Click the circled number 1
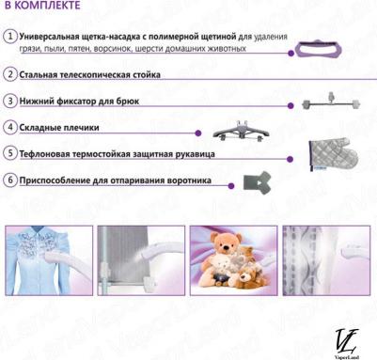pos(10,36)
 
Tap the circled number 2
pos(10,74)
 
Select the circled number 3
pos(10,101)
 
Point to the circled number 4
pos(10,127)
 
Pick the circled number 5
pos(10,153)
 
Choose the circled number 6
pos(10,180)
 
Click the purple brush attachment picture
pos(318,50)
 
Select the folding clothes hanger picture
pos(241,131)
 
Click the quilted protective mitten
pos(333,154)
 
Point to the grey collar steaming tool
pos(257,182)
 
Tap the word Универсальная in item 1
pos(49,37)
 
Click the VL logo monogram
pos(347,341)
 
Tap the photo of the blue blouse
pos(49,260)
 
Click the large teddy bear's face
pos(225,245)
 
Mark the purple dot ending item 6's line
pos(231,186)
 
